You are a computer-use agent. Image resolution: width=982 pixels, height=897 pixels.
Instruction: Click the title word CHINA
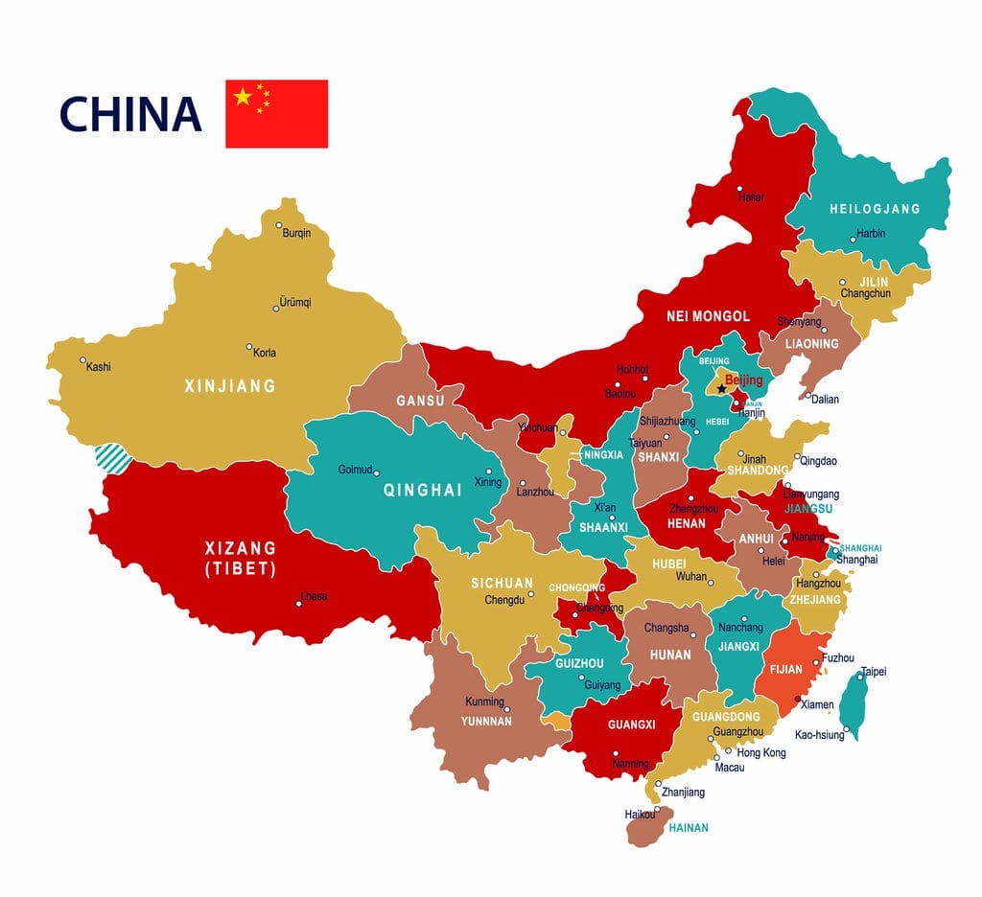tap(130, 114)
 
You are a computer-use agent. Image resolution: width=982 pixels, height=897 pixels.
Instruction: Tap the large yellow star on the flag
tap(243, 96)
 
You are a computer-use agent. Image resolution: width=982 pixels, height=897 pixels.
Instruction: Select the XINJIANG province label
tap(229, 386)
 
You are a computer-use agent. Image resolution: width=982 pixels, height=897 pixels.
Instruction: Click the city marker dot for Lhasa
tap(299, 603)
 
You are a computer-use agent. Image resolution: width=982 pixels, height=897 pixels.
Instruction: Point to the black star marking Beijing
tap(721, 388)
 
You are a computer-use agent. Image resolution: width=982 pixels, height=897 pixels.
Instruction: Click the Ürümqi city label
tap(294, 302)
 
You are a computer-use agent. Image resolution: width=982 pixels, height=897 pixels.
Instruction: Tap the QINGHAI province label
tap(422, 490)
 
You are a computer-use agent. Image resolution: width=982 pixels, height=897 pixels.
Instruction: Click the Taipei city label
tap(874, 672)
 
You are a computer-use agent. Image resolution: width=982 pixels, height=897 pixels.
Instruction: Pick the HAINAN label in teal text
tap(688, 827)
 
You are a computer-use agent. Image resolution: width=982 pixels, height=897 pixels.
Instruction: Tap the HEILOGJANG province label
tap(874, 209)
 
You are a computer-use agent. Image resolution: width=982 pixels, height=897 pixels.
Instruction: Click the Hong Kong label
tap(760, 752)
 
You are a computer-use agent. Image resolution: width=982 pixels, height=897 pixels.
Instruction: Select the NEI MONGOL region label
tap(708, 316)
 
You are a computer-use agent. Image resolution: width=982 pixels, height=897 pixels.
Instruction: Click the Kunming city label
tap(484, 701)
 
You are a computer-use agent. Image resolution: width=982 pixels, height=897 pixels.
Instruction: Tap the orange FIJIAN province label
tap(785, 670)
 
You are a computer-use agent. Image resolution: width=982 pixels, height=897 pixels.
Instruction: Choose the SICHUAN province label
tap(502, 583)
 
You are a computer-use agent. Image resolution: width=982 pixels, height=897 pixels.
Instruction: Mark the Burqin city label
tap(296, 233)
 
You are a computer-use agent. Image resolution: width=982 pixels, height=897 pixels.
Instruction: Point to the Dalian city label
tap(824, 399)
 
